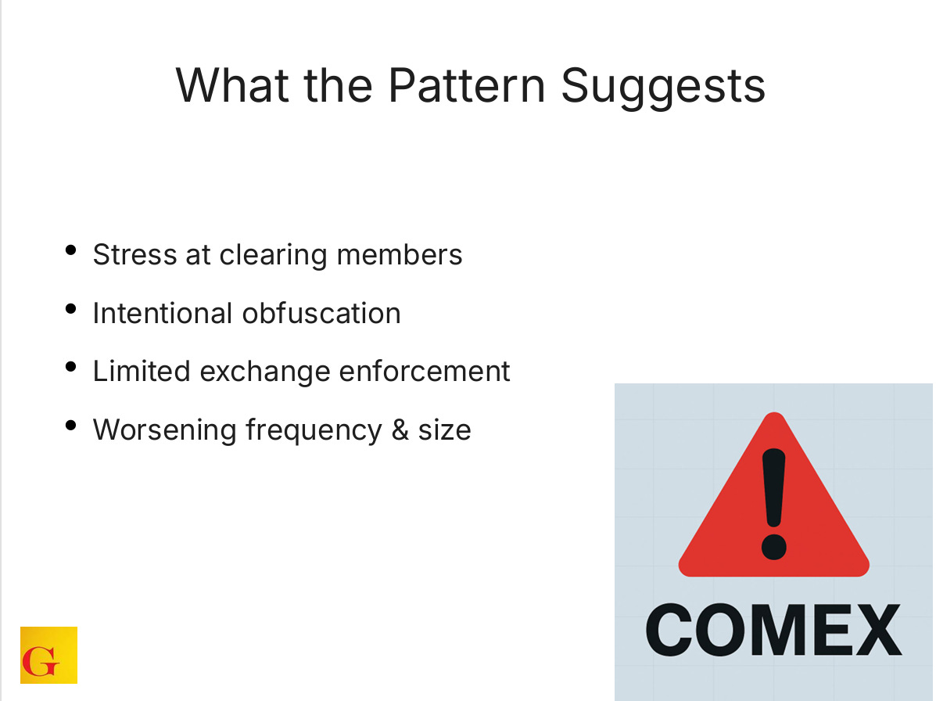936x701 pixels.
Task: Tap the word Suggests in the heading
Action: (663, 86)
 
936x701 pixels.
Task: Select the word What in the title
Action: (228, 86)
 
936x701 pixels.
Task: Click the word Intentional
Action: (162, 314)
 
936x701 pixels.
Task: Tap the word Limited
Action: (141, 371)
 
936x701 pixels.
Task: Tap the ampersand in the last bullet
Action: (400, 430)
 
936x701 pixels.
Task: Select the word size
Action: (444, 430)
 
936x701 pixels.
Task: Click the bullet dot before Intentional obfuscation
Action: (71, 309)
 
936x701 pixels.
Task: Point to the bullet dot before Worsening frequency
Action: (71, 426)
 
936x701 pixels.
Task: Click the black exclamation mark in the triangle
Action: (773, 501)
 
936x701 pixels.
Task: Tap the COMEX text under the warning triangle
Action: (773, 631)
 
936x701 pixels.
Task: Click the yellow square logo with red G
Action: (48, 655)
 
